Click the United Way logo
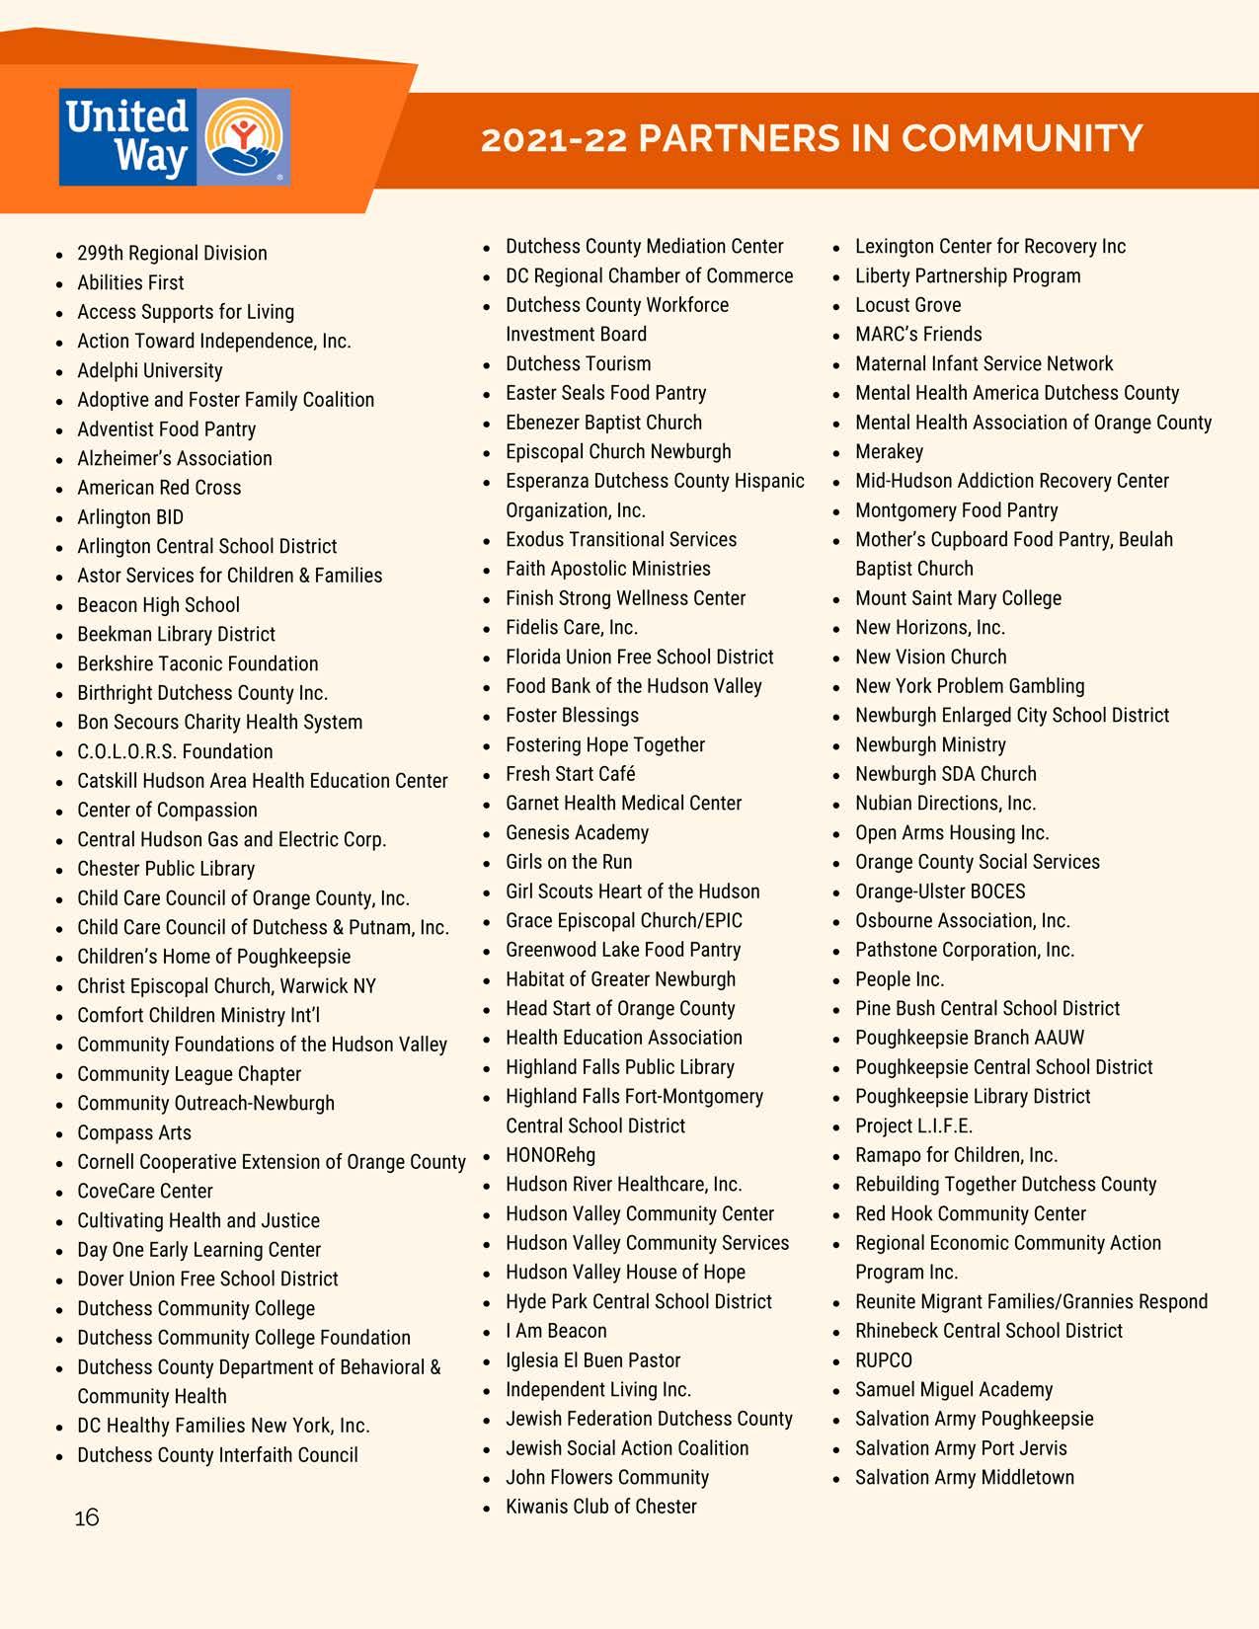tap(175, 137)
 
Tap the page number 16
tap(87, 1516)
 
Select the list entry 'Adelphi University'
tap(150, 370)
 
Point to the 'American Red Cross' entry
tap(159, 488)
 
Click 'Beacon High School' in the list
tap(158, 605)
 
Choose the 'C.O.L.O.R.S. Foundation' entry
tap(175, 751)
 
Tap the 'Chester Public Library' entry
tap(166, 869)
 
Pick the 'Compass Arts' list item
tap(134, 1132)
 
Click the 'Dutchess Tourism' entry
tap(578, 363)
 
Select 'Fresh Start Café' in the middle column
tap(570, 774)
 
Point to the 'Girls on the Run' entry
tap(569, 862)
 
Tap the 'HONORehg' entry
tap(550, 1155)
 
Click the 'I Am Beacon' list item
tap(556, 1331)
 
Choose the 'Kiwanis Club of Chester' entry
tap(600, 1507)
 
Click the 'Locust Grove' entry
tap(907, 305)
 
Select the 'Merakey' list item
tap(889, 451)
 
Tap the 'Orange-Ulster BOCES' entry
tap(940, 892)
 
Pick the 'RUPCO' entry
tap(884, 1360)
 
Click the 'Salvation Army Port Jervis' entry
tap(961, 1448)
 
